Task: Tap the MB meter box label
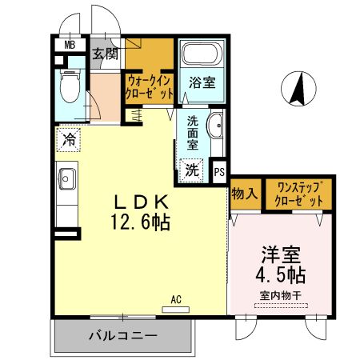point(70,45)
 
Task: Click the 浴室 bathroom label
point(201,83)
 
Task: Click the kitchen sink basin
point(66,178)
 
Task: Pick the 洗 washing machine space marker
point(192,170)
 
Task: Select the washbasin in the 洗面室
point(215,126)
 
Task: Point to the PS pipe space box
point(220,170)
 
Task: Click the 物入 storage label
point(245,194)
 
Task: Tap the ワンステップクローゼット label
point(299,194)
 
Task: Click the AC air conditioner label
point(176,300)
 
